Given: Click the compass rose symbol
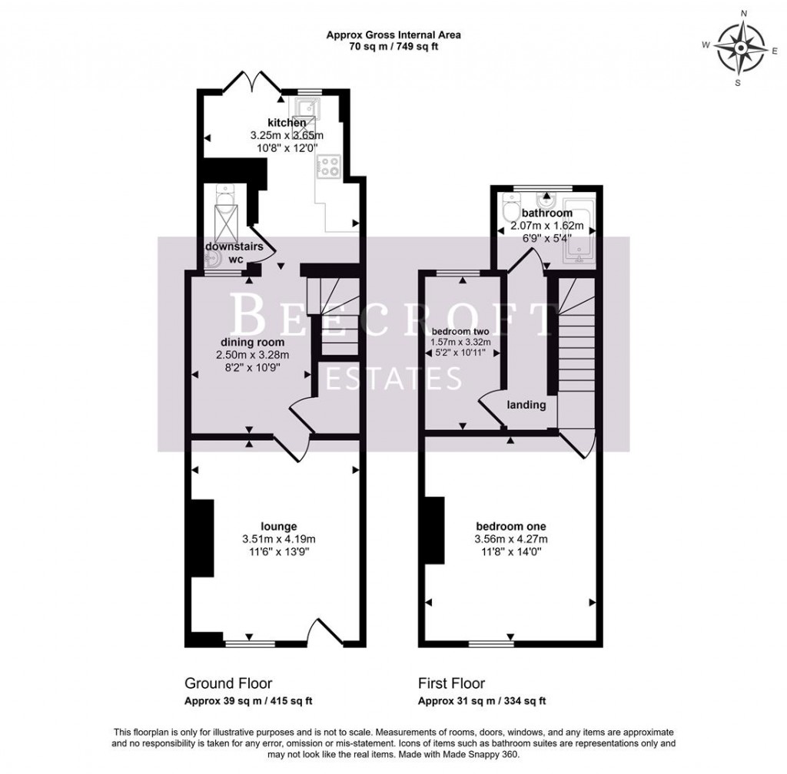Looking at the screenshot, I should pos(737,48).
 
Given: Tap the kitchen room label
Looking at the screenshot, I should pos(287,123).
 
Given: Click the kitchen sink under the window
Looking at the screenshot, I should pos(310,107).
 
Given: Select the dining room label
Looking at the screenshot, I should pos(253,342).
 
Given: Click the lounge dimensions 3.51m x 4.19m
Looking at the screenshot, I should pos(278,539).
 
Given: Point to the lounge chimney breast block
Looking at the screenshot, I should pos(202,537).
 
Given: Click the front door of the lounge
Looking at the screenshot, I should pos(323,630).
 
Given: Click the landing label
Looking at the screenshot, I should pos(526,405).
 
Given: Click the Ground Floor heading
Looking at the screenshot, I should pos(228,683).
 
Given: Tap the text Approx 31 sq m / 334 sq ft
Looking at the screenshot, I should pos(482,701).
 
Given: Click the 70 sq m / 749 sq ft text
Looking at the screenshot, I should pos(393,46).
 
